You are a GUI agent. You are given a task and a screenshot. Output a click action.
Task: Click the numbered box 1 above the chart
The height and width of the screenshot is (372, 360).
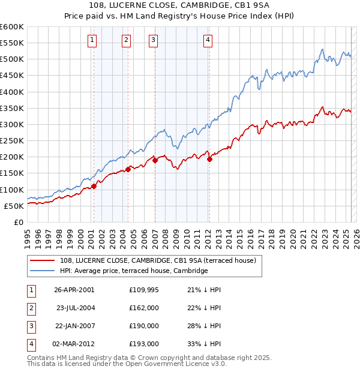(x=92, y=41)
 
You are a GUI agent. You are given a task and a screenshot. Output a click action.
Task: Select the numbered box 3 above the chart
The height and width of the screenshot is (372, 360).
(x=154, y=41)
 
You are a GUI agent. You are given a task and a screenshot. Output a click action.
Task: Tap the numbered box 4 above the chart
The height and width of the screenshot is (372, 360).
(x=208, y=41)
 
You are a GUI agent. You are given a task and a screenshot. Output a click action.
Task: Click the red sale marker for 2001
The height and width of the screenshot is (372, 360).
(x=94, y=187)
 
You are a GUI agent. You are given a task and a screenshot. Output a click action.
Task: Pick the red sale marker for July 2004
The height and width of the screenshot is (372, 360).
(x=128, y=169)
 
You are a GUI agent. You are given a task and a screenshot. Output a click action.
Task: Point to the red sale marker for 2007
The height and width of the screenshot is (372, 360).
(x=155, y=160)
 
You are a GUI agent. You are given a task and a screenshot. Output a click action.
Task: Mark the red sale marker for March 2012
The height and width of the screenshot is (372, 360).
(x=209, y=159)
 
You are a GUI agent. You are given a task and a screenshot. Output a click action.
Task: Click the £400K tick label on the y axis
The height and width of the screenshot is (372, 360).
(x=11, y=92)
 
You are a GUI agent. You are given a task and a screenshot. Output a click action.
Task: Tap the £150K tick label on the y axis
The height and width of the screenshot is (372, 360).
(x=11, y=173)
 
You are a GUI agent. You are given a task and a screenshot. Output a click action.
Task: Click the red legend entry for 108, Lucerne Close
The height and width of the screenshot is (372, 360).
(x=158, y=260)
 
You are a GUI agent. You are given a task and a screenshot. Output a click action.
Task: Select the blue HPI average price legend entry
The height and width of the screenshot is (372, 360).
(x=133, y=271)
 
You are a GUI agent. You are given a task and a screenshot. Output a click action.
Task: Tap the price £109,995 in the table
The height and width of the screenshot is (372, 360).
(x=144, y=290)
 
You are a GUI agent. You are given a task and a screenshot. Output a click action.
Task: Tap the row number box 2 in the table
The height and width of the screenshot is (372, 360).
(x=30, y=308)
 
